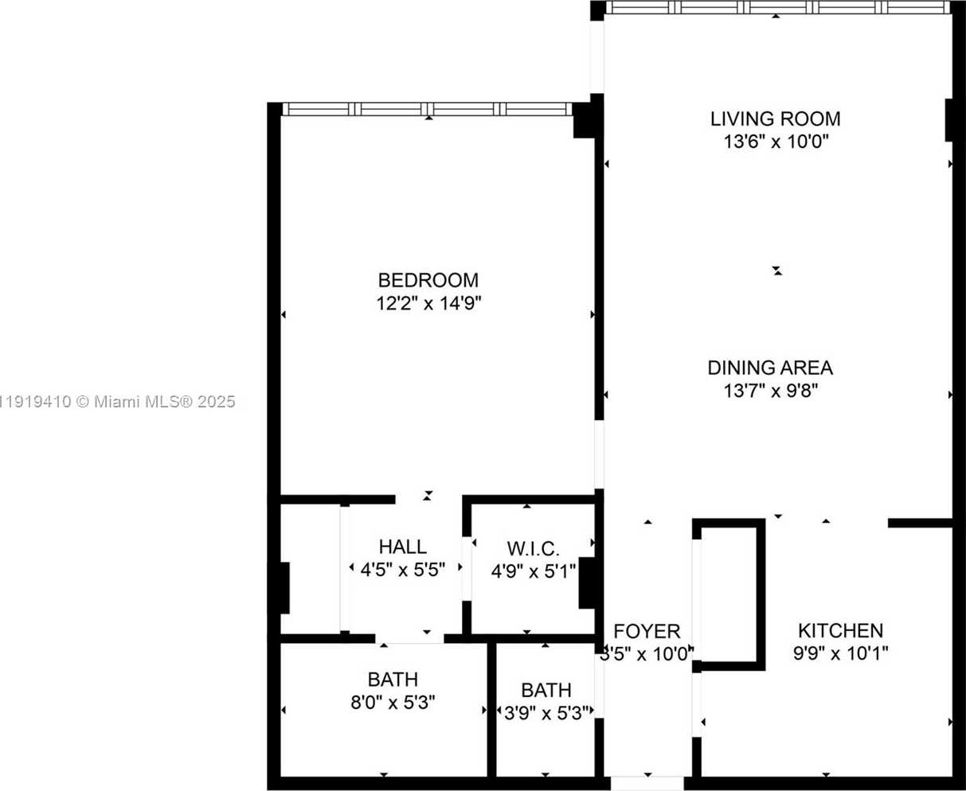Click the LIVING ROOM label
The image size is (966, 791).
(x=775, y=119)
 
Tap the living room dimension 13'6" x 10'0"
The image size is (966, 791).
(x=775, y=142)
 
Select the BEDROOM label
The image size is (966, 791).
(x=428, y=280)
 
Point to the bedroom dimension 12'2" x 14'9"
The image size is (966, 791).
(x=429, y=303)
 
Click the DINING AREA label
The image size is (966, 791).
(x=770, y=368)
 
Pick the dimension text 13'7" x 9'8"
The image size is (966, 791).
(x=770, y=391)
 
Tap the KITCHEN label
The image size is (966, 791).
(x=840, y=631)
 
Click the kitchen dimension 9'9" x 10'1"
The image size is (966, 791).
(x=840, y=653)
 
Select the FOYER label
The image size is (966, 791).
(x=647, y=632)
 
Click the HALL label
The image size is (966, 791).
(x=402, y=547)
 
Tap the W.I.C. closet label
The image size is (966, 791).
(x=533, y=548)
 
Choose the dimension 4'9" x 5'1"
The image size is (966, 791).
(x=533, y=571)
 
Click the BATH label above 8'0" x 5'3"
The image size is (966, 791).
(x=393, y=680)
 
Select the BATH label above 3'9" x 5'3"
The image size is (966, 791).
(x=546, y=690)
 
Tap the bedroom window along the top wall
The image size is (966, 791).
(x=428, y=109)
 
